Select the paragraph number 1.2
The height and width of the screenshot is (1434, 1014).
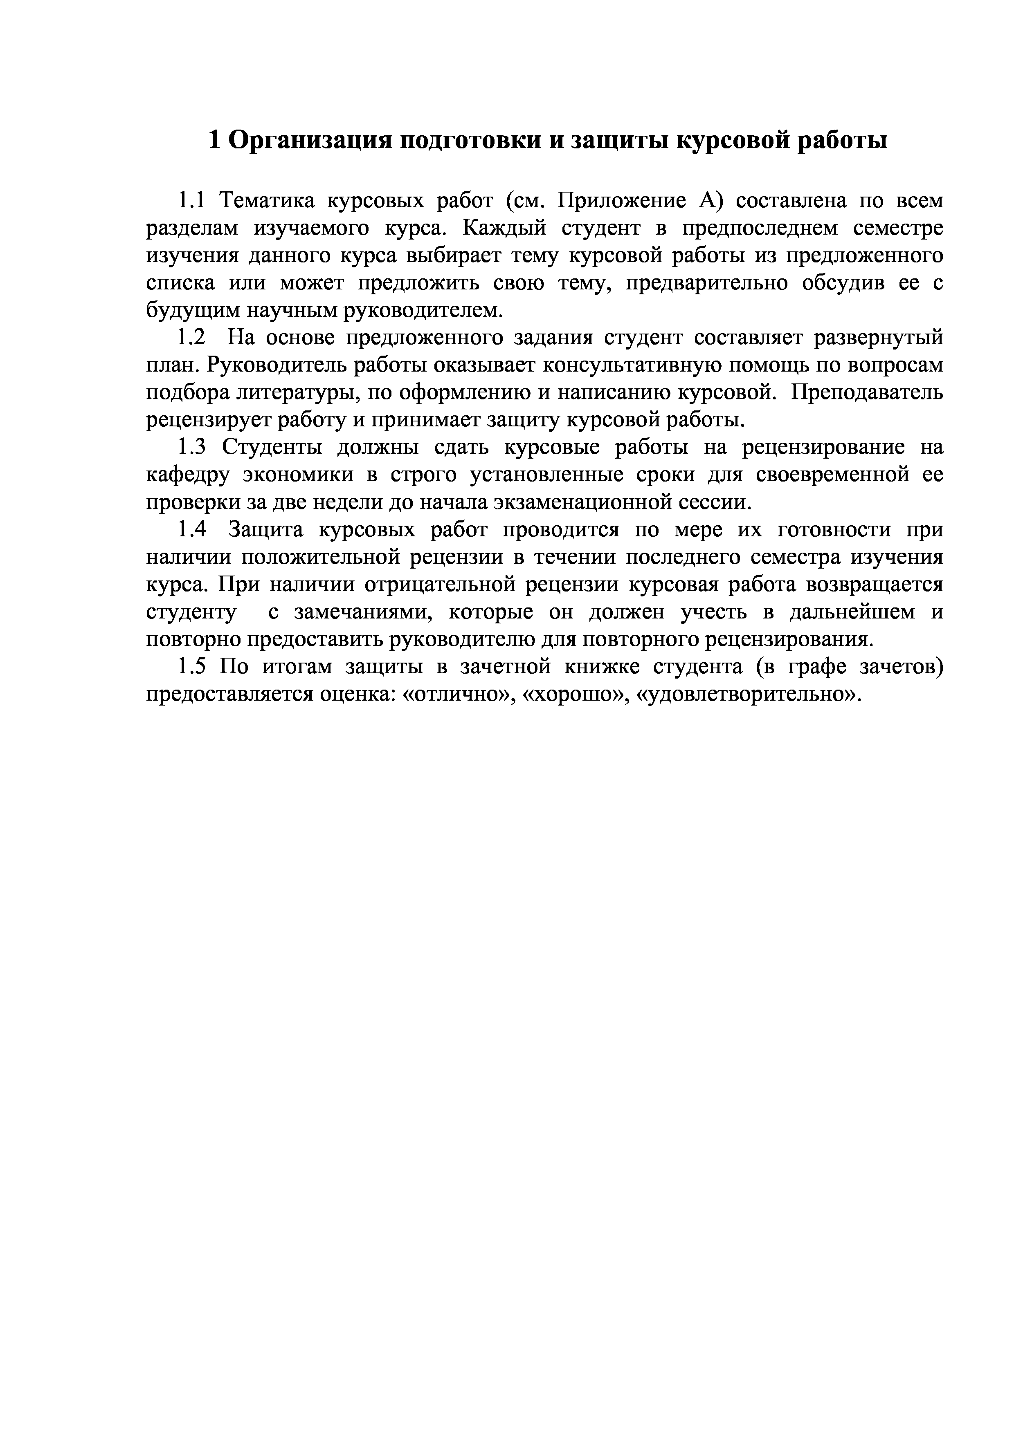click(x=191, y=338)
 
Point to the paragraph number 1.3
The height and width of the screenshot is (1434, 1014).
click(x=191, y=448)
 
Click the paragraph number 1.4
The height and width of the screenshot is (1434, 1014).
click(x=191, y=530)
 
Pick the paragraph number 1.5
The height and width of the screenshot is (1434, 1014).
click(x=191, y=667)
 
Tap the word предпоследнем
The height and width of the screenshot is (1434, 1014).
click(x=758, y=229)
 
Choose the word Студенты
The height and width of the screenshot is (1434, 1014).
click(x=272, y=448)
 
